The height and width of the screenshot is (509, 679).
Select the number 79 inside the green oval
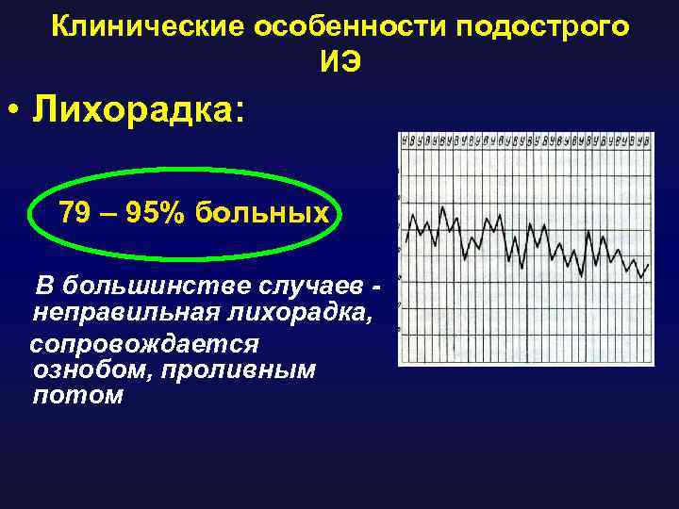[x=75, y=213]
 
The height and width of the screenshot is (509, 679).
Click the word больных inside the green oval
[x=262, y=213]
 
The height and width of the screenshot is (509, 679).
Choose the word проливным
[x=237, y=369]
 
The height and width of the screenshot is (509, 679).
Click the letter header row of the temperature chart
[x=524, y=140]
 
